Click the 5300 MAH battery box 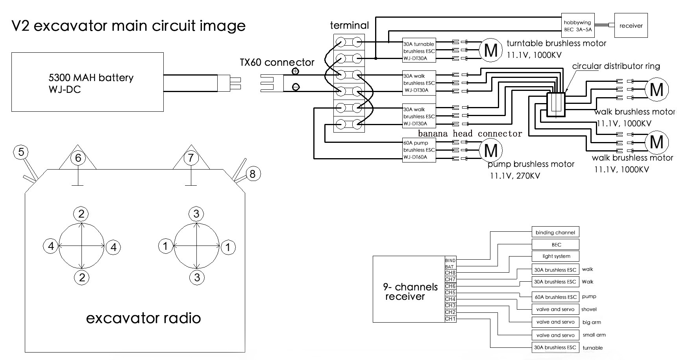coord(87,82)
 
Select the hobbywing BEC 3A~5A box coord(577,26)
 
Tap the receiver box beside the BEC coord(631,26)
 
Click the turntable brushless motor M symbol coord(490,50)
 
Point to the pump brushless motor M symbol coord(490,150)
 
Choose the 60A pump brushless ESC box coord(419,150)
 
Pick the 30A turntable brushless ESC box coord(419,51)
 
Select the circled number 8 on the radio coord(253,174)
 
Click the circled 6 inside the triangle coord(78,158)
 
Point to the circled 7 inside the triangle coord(191,158)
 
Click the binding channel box coord(555,232)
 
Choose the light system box coord(555,257)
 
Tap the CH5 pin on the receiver coord(450,293)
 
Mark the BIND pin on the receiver coord(450,260)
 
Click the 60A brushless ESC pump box coord(555,297)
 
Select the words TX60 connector coord(277,62)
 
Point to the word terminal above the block coord(349,26)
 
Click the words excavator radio coord(143,318)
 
